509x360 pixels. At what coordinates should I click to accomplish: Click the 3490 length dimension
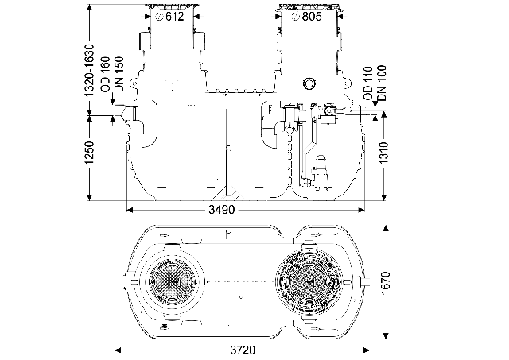tap(221, 210)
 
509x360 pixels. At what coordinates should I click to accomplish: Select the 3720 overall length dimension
tap(243, 350)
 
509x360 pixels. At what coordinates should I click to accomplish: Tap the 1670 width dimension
tap(385, 283)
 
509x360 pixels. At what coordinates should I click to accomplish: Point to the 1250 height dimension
tap(89, 152)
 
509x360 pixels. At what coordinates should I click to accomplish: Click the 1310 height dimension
tap(384, 153)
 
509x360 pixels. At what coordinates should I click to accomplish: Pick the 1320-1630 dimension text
tap(89, 70)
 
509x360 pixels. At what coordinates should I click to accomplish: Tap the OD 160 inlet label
tap(106, 75)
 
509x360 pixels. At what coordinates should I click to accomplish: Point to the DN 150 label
tap(119, 74)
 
